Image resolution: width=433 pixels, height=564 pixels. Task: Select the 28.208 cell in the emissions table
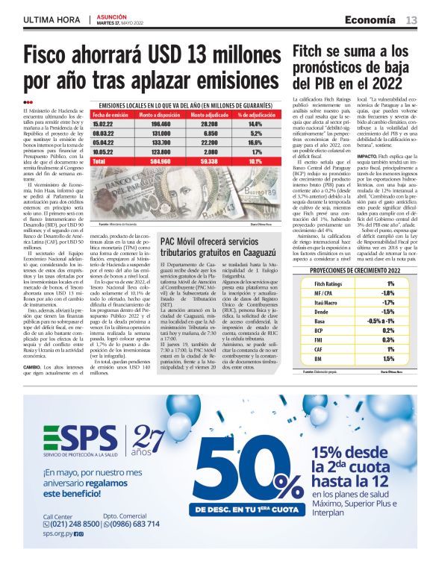coord(209,124)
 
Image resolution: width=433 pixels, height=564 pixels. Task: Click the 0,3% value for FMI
coord(390,339)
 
